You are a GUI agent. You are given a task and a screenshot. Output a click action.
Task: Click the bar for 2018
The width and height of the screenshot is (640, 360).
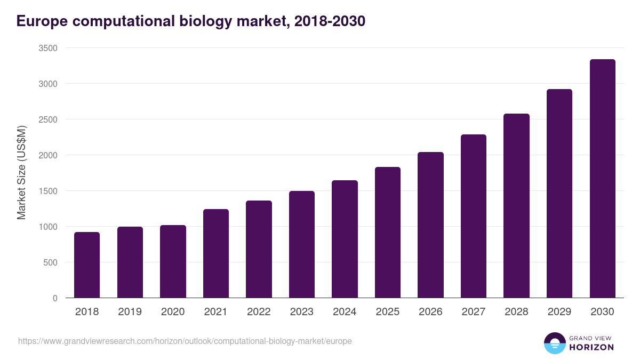click(x=87, y=265)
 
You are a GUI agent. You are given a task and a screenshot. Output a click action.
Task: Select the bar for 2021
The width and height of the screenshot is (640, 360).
click(x=216, y=253)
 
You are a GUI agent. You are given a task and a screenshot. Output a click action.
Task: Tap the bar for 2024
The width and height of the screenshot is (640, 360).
click(x=345, y=239)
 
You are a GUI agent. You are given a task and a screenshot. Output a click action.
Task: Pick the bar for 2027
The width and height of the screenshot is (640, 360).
click(x=474, y=216)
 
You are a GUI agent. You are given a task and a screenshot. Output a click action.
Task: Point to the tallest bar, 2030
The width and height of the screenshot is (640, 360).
click(x=602, y=179)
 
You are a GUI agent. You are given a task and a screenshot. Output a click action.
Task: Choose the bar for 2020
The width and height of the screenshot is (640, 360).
click(x=173, y=261)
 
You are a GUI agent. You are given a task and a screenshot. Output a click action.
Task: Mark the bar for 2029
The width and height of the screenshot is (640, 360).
click(x=559, y=194)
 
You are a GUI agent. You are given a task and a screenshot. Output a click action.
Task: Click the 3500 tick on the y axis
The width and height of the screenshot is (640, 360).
click(x=48, y=48)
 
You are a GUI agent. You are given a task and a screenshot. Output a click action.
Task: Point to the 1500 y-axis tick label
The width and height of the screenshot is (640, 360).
click(x=48, y=191)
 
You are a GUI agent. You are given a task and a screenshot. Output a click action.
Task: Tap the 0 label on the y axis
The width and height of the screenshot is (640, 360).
click(x=55, y=298)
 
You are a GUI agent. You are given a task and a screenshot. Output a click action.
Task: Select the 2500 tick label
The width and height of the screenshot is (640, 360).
click(x=48, y=119)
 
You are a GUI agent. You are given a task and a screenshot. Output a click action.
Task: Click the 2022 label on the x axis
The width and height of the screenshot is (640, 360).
click(x=259, y=312)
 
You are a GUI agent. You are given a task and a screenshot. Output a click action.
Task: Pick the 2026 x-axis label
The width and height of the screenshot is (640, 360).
click(x=430, y=312)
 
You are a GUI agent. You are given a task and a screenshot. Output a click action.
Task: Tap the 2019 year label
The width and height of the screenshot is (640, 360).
click(x=130, y=312)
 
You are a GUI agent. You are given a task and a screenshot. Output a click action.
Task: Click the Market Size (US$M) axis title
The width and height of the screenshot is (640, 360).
click(x=21, y=173)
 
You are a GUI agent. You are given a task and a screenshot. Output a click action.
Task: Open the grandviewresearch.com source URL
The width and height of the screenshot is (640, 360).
click(x=185, y=341)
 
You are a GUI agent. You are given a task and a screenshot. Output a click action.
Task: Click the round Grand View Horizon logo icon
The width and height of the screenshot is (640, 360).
click(x=554, y=343)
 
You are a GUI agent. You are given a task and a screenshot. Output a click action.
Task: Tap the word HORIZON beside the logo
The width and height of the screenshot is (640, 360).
click(x=592, y=347)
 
